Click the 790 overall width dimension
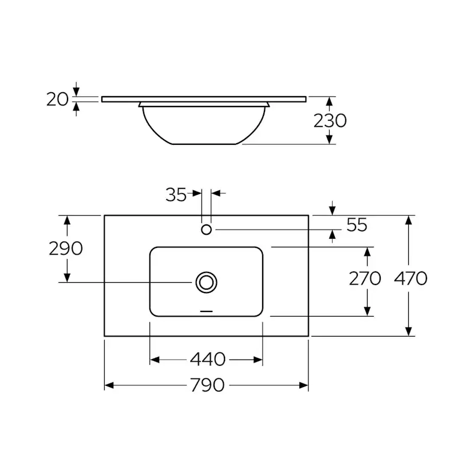pyautogui.click(x=207, y=385)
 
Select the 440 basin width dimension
pyautogui.click(x=208, y=360)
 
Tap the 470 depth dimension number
pyautogui.click(x=410, y=278)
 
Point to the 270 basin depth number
pyautogui.click(x=365, y=278)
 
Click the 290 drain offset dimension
pyautogui.click(x=66, y=248)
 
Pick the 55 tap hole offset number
pyautogui.click(x=357, y=225)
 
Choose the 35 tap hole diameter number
pyautogui.click(x=176, y=195)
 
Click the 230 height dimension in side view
pyautogui.click(x=330, y=121)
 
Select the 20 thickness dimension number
pyautogui.click(x=57, y=99)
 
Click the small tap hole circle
pyautogui.click(x=206, y=230)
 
